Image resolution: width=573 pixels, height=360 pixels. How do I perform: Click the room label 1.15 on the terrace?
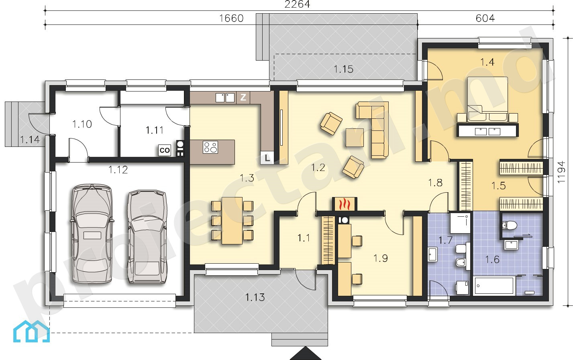344,69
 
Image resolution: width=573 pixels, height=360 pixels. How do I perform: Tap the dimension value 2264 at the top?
297,4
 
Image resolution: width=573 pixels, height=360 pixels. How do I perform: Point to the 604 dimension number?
485,18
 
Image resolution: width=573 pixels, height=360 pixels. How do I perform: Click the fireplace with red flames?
345,204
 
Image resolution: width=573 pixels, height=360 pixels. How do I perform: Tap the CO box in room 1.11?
165,151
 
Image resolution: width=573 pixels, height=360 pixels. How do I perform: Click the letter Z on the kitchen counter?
243,97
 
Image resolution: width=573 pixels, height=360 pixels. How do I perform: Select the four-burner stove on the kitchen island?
210,147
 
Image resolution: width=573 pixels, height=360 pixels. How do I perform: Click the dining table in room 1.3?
232,220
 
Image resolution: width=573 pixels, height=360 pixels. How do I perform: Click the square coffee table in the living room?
355,138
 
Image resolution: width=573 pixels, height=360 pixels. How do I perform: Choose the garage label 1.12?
118,170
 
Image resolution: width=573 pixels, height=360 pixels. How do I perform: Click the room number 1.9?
381,258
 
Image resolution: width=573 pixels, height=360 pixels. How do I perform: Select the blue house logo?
31,331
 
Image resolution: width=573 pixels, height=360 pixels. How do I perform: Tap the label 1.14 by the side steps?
30,140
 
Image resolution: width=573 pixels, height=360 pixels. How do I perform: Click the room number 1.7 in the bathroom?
446,240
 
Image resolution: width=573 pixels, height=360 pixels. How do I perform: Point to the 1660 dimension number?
232,18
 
